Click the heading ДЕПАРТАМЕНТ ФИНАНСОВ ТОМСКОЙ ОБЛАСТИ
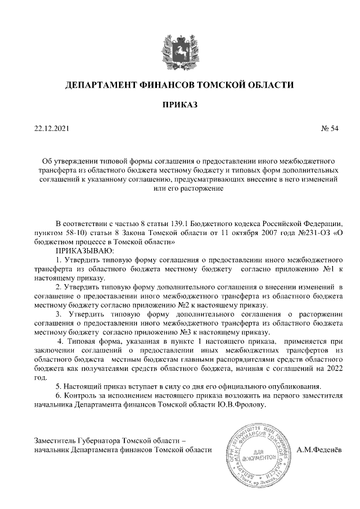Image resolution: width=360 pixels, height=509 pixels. click(x=180, y=85)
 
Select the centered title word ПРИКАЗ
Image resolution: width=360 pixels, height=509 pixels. click(x=180, y=105)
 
